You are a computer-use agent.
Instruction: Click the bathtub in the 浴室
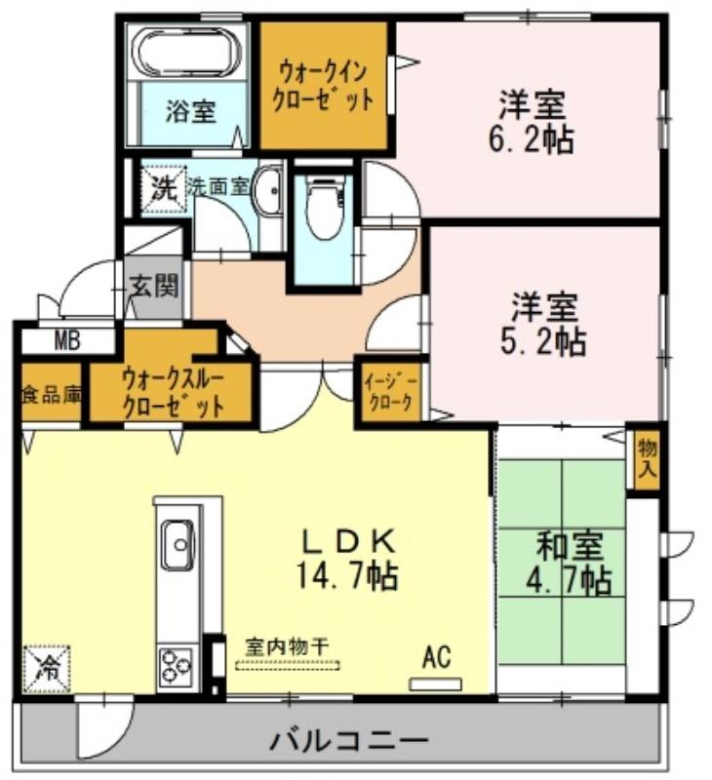point(189,53)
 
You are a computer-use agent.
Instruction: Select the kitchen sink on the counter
point(178,545)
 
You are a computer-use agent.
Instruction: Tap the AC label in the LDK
point(436,656)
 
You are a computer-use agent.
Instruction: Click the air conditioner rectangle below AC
point(435,684)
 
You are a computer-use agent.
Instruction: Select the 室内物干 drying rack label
point(287,646)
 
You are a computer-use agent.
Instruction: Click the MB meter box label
point(67,341)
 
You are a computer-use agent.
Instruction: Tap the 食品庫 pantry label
point(52,395)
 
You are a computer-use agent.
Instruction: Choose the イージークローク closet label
point(389,392)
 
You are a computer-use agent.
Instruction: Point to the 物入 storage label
point(647,459)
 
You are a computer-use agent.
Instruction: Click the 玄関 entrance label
point(154,287)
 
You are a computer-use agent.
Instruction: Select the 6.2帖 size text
point(531,139)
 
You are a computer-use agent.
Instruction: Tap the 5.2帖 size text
point(542,341)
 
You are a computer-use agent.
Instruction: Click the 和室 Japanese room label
point(570,545)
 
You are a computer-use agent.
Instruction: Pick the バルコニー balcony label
point(349,741)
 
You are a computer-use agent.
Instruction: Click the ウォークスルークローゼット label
point(173,393)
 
